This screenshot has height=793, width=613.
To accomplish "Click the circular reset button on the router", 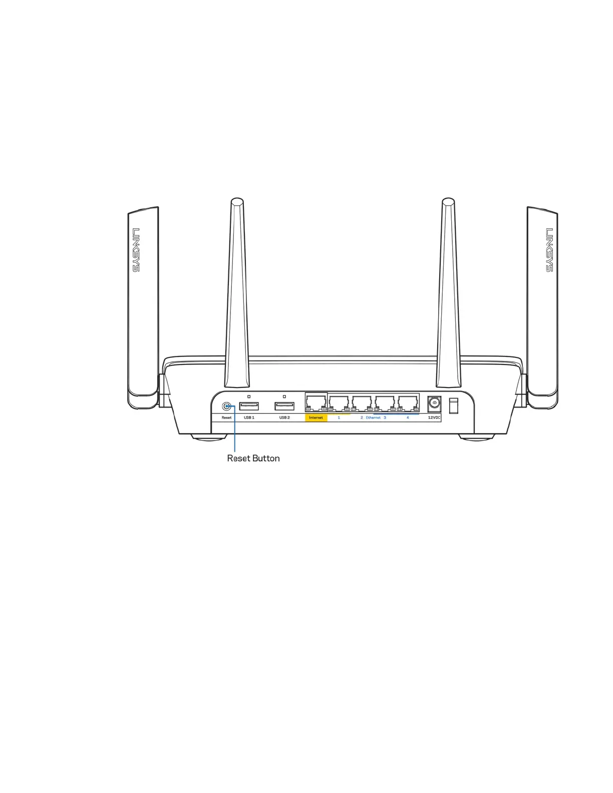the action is [x=227, y=407].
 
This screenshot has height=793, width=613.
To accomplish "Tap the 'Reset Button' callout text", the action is [x=253, y=459].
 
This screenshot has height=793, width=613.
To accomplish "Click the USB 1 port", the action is [x=249, y=406].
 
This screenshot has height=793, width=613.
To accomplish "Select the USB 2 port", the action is [x=284, y=406].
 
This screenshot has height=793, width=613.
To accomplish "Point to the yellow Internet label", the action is [x=316, y=418].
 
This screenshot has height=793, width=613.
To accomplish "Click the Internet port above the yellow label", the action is [x=316, y=403].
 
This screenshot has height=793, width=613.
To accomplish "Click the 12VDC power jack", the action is [x=434, y=403].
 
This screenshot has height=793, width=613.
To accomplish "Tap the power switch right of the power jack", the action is [x=453, y=406].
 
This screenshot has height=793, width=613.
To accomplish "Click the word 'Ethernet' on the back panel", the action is [x=373, y=418].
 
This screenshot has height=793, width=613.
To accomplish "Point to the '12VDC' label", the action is [x=434, y=418].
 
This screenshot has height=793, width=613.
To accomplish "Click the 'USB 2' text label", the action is [x=284, y=418].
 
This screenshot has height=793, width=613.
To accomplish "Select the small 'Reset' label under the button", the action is [x=227, y=418].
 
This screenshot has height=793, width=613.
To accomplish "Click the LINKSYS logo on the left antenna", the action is [x=136, y=250].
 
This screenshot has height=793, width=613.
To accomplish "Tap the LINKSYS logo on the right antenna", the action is [x=549, y=250].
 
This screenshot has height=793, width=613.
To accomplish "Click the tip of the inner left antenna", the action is [x=237, y=202].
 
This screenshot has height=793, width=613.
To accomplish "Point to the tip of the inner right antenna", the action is [x=448, y=202].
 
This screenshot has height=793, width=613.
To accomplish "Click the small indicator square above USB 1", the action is [x=249, y=396].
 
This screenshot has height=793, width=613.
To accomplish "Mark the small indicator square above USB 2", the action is [x=284, y=396].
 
